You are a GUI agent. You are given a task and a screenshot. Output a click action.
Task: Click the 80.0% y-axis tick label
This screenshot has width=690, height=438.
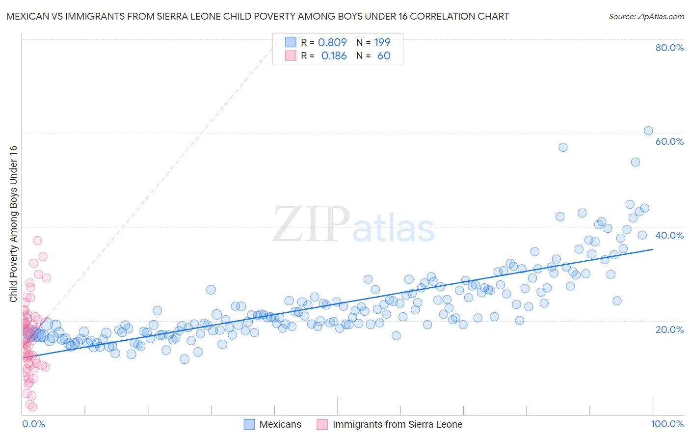click(x=669, y=48)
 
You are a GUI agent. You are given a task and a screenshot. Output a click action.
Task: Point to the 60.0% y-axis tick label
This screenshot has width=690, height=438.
click(x=669, y=141)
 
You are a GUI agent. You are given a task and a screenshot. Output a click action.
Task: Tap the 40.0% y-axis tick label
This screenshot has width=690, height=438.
click(x=669, y=235)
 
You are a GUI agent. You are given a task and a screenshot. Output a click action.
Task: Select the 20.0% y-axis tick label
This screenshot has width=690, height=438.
click(x=669, y=329)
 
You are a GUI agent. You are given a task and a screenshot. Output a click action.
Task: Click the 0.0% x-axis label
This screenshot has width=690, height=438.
click(x=33, y=424)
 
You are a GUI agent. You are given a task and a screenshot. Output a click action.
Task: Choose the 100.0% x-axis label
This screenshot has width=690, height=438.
click(x=667, y=424)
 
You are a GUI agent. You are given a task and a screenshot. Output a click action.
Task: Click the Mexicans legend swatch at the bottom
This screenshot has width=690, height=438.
click(x=249, y=424)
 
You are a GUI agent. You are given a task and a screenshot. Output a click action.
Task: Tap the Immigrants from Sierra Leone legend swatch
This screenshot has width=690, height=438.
click(x=322, y=424)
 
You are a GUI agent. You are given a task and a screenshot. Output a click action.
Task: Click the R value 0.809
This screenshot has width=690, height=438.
click(x=332, y=42)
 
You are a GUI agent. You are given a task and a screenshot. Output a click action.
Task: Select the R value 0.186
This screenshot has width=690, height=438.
click(x=334, y=56)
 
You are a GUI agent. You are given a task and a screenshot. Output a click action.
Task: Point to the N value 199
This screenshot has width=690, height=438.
click(x=382, y=42)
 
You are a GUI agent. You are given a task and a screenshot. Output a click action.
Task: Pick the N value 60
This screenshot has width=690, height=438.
click(x=384, y=56)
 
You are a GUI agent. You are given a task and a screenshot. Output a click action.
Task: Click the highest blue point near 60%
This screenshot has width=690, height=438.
click(x=648, y=131)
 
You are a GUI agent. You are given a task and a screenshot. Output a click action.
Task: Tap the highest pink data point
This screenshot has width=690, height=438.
click(x=37, y=241)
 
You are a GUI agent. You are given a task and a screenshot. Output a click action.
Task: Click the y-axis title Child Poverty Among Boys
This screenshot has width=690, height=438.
click(x=13, y=224)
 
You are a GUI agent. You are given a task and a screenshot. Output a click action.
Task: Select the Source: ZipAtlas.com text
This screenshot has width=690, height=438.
click(x=646, y=16)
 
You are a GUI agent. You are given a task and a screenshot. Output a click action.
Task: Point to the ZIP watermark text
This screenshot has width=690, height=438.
click(x=311, y=224)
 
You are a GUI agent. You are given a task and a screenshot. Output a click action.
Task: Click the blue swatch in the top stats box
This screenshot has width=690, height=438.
click(x=291, y=42)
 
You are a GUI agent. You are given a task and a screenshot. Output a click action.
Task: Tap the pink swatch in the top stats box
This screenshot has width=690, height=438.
click(x=291, y=56)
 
